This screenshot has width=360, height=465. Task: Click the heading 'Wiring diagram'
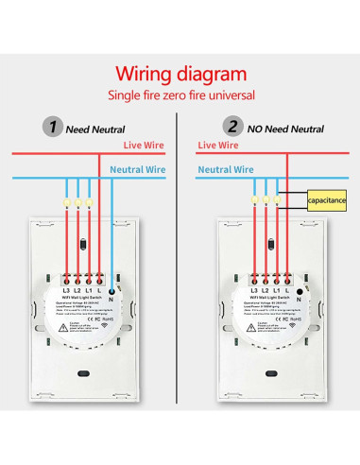(x=180, y=73)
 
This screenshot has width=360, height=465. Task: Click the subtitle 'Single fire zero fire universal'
(x=180, y=95)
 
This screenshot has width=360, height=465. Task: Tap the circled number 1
(x=53, y=128)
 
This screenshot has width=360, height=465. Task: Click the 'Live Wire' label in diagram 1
(x=146, y=145)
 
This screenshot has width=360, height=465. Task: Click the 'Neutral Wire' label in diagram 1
(x=139, y=171)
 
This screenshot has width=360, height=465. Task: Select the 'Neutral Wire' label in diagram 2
(x=226, y=170)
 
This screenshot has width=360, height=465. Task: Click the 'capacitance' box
(x=327, y=201)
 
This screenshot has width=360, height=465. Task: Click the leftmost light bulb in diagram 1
(x=64, y=202)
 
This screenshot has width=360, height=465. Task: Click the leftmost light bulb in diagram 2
(x=255, y=200)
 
